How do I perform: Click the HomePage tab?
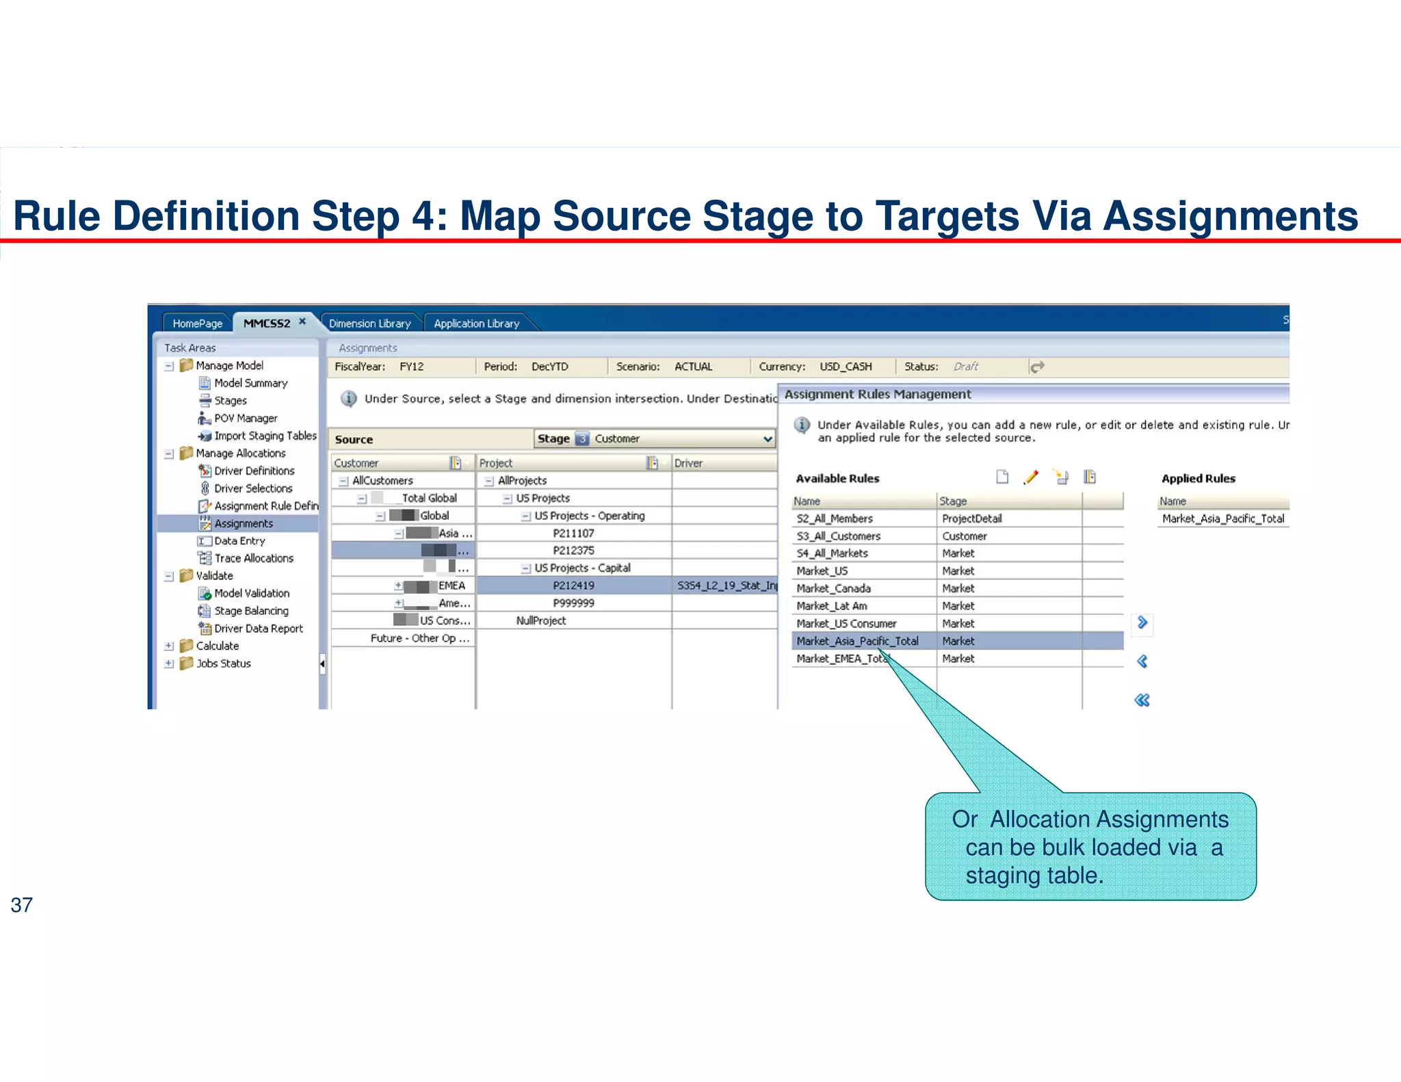pos(197,323)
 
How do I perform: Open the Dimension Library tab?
pos(369,323)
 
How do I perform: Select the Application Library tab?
pos(476,323)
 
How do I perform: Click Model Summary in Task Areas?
pos(250,383)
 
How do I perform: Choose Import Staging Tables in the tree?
pos(265,436)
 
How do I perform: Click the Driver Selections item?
pos(252,488)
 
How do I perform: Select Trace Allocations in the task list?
pos(253,558)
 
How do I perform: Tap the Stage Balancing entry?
pos(251,611)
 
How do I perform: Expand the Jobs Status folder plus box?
pos(169,663)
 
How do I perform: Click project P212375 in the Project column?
pos(573,551)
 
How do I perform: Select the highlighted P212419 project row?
pos(573,585)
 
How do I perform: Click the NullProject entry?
pos(540,620)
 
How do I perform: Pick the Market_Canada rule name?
pos(833,588)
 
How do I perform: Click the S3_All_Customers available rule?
pos(838,536)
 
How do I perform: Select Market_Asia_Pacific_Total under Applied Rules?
pos(1222,518)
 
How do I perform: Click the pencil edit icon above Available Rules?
pos(1031,477)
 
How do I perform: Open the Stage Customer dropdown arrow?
pos(768,438)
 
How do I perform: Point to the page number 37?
pos(21,905)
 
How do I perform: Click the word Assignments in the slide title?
pos(1230,216)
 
